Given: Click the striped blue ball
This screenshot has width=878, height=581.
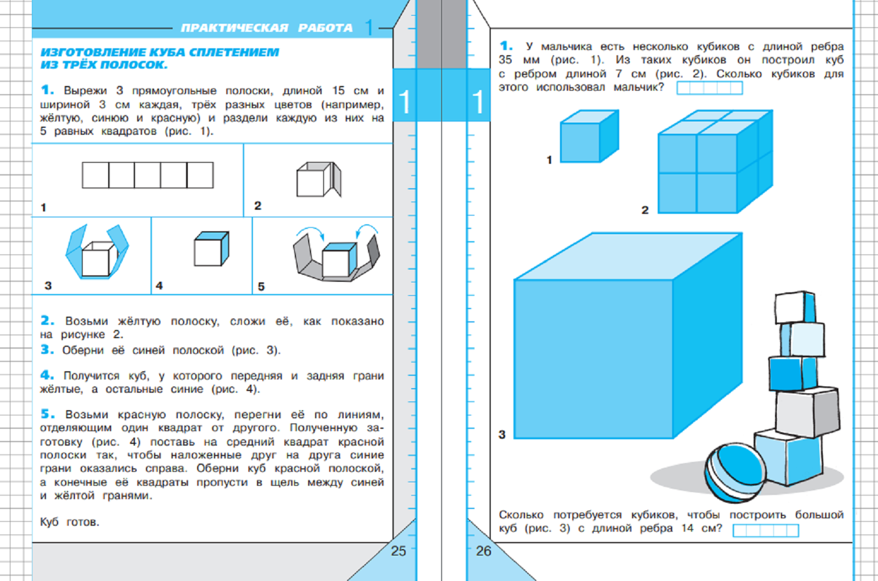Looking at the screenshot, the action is [x=735, y=473].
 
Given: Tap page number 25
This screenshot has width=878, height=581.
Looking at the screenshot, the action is [x=398, y=551].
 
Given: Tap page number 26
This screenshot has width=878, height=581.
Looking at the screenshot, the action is [x=483, y=551].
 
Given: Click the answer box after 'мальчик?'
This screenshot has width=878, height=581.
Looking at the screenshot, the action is [x=709, y=88].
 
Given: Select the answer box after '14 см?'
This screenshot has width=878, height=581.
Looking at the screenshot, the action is [x=766, y=530].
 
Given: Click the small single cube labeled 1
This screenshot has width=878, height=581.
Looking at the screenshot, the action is [x=590, y=136].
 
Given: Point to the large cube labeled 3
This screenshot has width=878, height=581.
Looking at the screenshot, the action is [x=628, y=336].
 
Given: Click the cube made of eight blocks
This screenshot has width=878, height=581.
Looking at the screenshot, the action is [x=715, y=162].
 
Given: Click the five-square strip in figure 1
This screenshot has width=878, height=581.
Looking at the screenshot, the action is [x=148, y=175].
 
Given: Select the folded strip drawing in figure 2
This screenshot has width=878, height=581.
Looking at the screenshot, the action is [x=319, y=179].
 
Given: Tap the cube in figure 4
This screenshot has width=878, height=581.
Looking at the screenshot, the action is [x=211, y=249].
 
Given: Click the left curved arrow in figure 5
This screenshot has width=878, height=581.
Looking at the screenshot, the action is [x=310, y=232].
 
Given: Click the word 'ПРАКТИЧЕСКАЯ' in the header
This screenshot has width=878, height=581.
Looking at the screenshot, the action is [x=234, y=28].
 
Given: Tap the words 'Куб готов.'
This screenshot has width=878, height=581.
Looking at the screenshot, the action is [x=69, y=522].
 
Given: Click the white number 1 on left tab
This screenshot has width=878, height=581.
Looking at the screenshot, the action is [x=404, y=102].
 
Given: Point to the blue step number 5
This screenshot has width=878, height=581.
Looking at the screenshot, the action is [x=48, y=414].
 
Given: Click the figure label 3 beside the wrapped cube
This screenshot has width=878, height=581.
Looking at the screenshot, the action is [x=48, y=286].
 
